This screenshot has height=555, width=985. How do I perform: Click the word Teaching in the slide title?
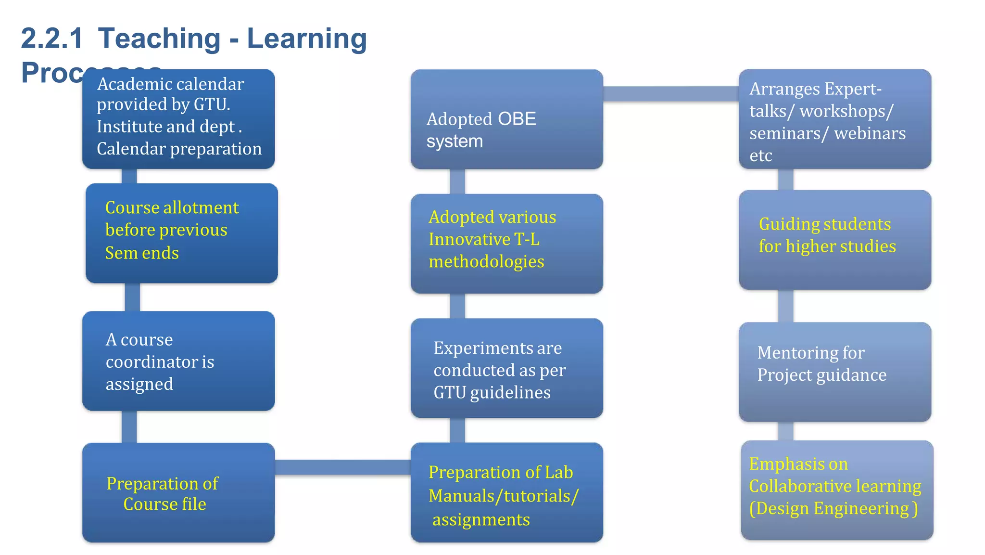(x=159, y=39)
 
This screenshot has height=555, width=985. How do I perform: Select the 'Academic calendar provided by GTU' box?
(x=178, y=118)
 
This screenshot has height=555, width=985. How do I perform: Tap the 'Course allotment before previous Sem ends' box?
(x=181, y=233)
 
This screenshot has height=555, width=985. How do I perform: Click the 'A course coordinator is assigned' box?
(x=178, y=361)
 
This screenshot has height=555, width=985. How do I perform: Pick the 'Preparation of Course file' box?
(x=178, y=492)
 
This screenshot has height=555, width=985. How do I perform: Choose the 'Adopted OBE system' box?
(x=506, y=119)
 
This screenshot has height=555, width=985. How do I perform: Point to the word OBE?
(x=517, y=119)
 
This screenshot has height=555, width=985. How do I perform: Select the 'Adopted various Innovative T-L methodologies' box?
(x=506, y=244)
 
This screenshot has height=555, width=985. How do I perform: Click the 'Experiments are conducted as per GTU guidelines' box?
(x=506, y=368)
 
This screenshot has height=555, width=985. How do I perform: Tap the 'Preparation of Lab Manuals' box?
(x=506, y=492)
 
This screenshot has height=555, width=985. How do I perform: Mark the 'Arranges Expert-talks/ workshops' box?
(x=834, y=119)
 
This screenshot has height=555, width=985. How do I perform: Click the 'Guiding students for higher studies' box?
(x=834, y=240)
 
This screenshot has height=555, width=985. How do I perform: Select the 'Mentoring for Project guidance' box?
(x=834, y=372)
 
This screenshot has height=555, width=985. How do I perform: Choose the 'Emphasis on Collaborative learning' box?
(x=837, y=490)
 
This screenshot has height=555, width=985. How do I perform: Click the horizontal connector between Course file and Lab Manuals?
(x=342, y=467)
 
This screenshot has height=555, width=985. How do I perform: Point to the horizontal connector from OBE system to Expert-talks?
(x=670, y=94)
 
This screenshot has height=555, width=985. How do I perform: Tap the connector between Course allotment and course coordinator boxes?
(x=132, y=297)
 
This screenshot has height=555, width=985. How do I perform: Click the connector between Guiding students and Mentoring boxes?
(x=785, y=306)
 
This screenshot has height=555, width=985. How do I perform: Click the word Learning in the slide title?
(x=307, y=39)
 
